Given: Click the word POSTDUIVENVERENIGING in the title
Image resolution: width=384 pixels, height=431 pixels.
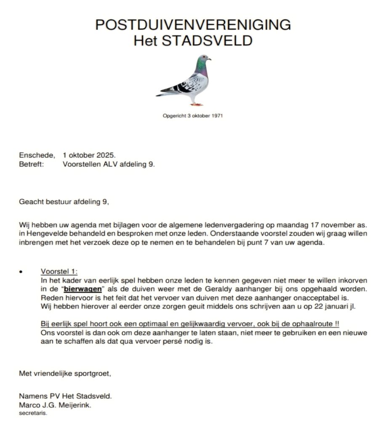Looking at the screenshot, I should tap(193, 25).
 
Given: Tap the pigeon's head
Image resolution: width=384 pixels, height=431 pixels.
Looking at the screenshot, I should tap(204, 58).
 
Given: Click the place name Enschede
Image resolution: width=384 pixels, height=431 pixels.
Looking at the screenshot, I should tap(36, 155).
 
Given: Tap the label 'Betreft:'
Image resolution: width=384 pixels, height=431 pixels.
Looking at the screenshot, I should tap(31, 164).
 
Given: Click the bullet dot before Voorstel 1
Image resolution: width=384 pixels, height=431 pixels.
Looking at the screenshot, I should tap(21, 272).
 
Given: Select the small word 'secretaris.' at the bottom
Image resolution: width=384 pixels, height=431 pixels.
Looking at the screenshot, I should tap(33, 413).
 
